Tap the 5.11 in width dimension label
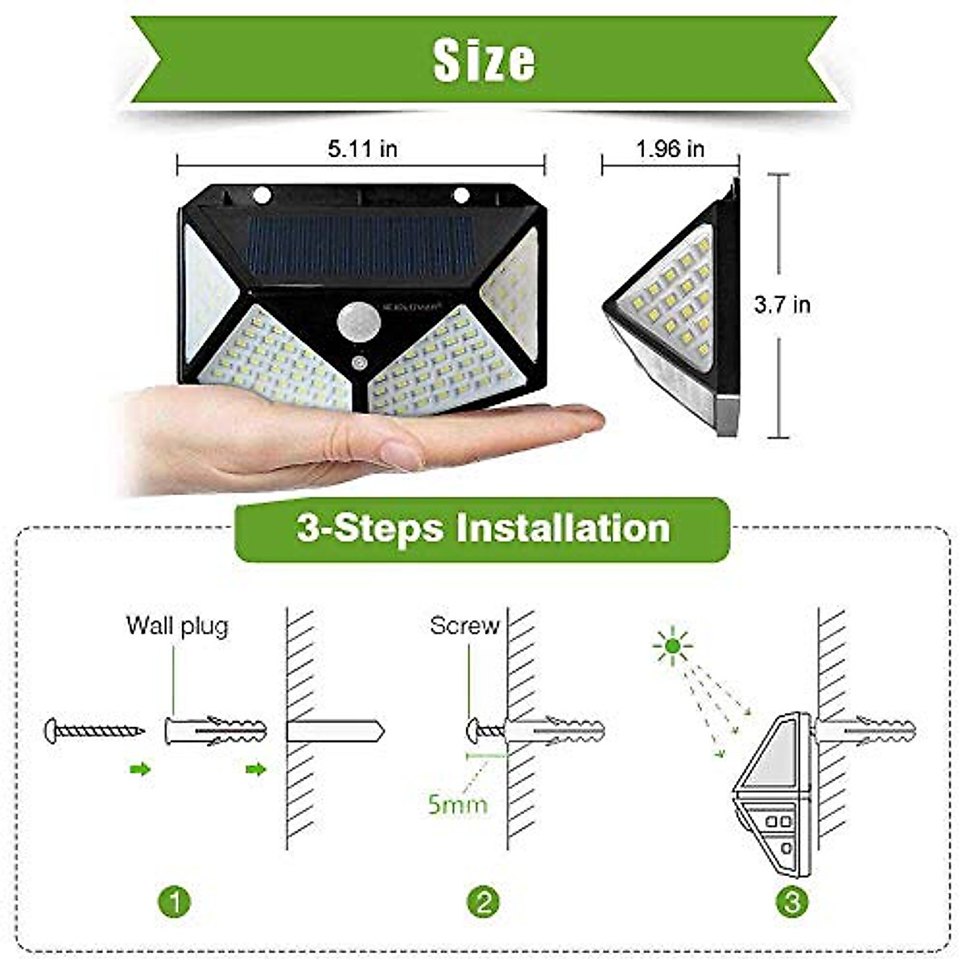coord(362,149)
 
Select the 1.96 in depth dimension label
coord(670,149)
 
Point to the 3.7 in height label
coord(782,305)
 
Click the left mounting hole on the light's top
coord(262,194)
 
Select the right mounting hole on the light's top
coord(461,194)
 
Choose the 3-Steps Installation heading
coord(483,529)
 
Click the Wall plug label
coord(177,625)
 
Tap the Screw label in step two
coord(464,625)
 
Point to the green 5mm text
coord(457,803)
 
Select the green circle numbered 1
coord(176,901)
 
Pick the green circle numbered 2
coord(483,901)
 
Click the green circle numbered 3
coord(792,901)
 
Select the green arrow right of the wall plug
coord(256,770)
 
